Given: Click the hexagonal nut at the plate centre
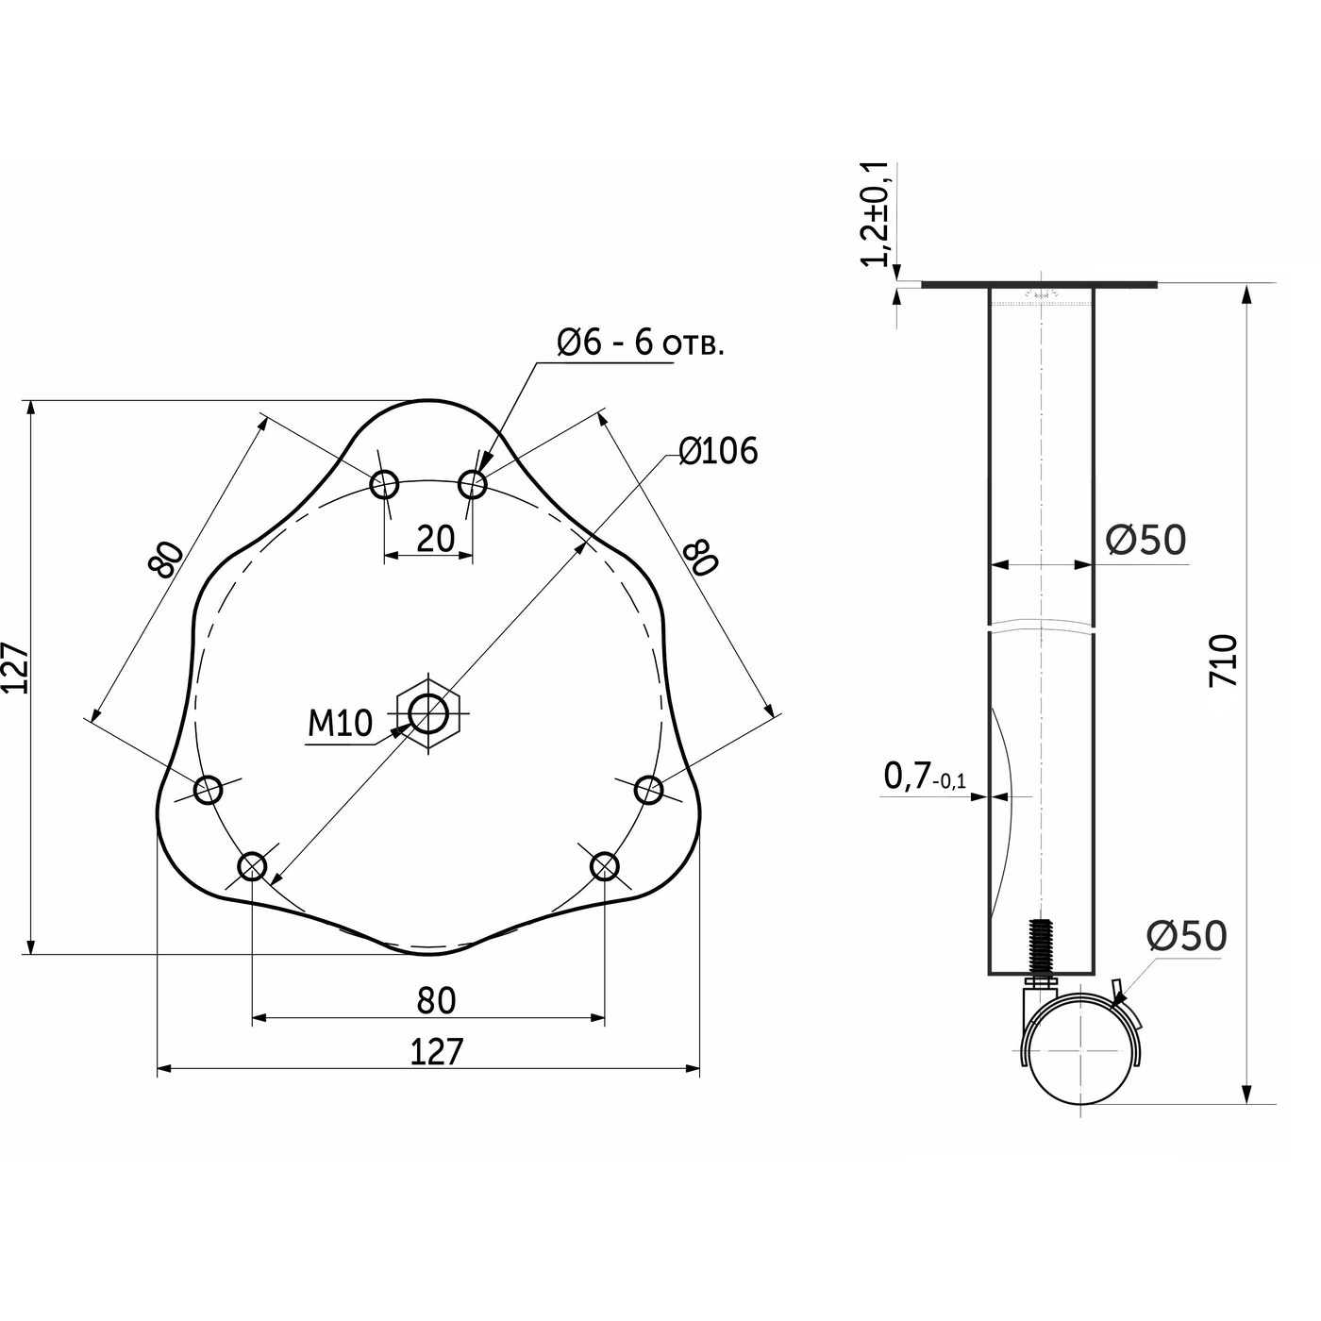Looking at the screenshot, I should click(429, 713).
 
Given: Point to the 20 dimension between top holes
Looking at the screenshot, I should click(435, 539).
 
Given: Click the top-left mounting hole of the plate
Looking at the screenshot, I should click(384, 485).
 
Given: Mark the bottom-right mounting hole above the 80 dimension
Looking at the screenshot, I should click(604, 865).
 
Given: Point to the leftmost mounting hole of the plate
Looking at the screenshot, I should click(208, 789).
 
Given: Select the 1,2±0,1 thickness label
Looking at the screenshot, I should click(877, 214).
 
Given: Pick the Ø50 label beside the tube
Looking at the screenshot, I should click(1145, 540).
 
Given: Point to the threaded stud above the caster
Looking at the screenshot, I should click(1041, 948).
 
